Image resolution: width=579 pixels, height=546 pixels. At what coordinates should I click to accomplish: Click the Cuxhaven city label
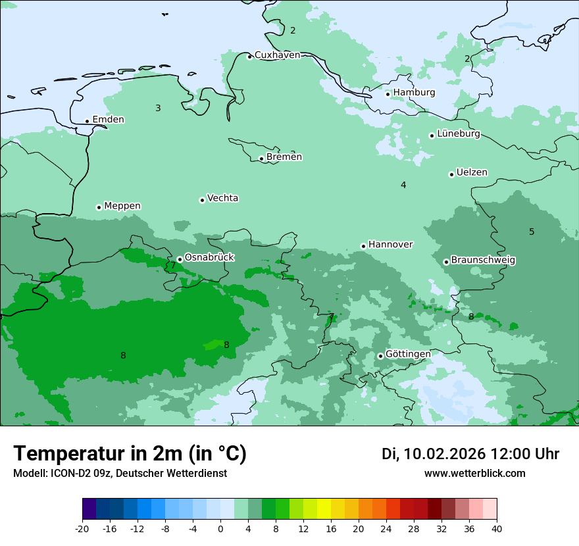pyautogui.click(x=277, y=55)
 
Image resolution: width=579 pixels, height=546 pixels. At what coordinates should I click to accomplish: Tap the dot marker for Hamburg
pyautogui.click(x=388, y=94)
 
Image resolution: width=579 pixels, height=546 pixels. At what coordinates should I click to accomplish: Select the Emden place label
pyautogui.click(x=108, y=120)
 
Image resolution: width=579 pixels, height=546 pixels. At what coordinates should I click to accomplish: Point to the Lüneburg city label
pyautogui.click(x=459, y=134)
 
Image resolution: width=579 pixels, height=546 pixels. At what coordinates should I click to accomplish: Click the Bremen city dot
pyautogui.click(x=261, y=159)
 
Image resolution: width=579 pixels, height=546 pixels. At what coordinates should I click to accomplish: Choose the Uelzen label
pyautogui.click(x=472, y=173)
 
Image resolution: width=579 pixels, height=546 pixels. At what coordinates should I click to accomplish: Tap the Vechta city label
pyautogui.click(x=222, y=198)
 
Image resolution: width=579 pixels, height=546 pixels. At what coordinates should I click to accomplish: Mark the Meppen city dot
pyautogui.click(x=99, y=207)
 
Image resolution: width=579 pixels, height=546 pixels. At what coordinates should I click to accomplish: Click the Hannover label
pyautogui.click(x=390, y=245)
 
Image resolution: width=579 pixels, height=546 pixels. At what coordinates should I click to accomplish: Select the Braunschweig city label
pyautogui.click(x=483, y=261)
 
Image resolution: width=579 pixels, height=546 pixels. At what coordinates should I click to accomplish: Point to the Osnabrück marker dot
pyautogui.click(x=180, y=259)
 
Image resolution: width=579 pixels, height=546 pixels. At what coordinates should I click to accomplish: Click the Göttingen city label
pyautogui.click(x=408, y=355)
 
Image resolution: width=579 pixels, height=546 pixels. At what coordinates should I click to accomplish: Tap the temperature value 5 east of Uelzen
pyautogui.click(x=532, y=232)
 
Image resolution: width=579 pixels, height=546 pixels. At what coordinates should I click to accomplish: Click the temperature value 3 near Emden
pyautogui.click(x=158, y=108)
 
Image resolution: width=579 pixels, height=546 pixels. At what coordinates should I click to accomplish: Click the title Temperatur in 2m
pyautogui.click(x=130, y=454)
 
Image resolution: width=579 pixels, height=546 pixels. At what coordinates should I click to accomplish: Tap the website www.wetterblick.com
pyautogui.click(x=474, y=474)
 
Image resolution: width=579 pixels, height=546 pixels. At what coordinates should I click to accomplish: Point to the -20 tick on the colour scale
pyautogui.click(x=82, y=528)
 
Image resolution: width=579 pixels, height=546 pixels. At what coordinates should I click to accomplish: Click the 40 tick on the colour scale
pyautogui.click(x=496, y=528)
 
